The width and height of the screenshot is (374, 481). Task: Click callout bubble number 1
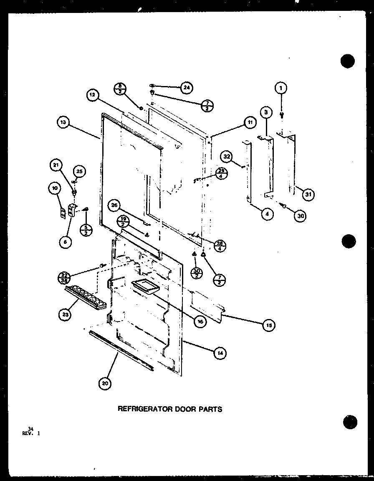coord(281,88)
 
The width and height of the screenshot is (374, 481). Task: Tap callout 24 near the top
coord(186,88)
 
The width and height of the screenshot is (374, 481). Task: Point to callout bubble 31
coord(308,194)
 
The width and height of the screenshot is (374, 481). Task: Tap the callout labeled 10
coord(55,189)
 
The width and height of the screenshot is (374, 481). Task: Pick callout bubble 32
coord(227,157)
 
